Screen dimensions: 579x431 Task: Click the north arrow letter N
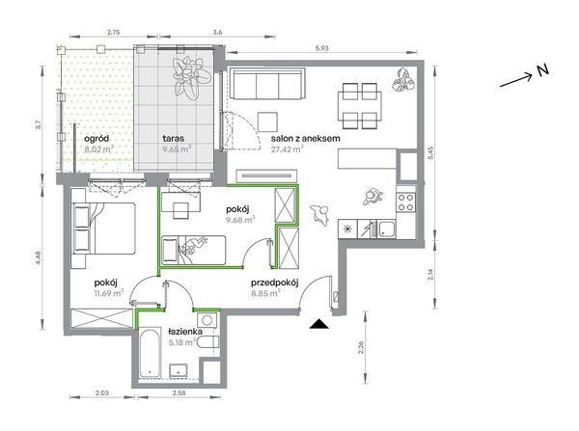click(542, 70)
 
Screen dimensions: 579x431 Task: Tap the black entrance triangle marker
click(318, 324)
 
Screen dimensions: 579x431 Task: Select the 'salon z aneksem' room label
click(305, 139)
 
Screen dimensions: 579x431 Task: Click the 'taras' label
click(174, 139)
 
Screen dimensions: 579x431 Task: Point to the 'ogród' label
click(96, 139)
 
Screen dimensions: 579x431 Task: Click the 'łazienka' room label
click(185, 332)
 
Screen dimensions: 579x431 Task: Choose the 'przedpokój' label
click(275, 283)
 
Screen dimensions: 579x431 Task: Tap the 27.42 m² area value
click(288, 149)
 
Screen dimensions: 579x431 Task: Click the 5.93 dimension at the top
click(321, 48)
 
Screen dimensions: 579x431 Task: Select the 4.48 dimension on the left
click(39, 257)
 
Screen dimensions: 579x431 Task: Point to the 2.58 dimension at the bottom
click(179, 393)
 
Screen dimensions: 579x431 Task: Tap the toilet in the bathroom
click(207, 342)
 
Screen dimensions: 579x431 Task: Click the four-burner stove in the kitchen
click(406, 202)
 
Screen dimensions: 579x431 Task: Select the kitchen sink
click(386, 229)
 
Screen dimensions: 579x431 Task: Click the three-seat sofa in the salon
click(267, 84)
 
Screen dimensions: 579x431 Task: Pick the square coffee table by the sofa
click(267, 121)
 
